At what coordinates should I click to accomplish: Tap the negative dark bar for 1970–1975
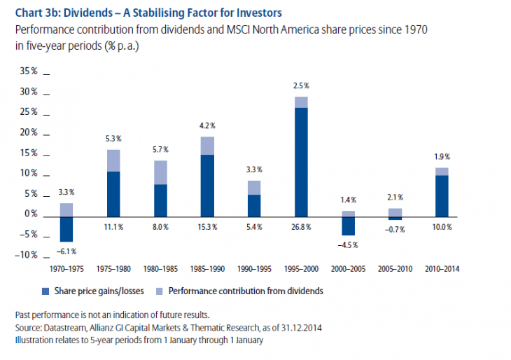pyautogui.click(x=66, y=229)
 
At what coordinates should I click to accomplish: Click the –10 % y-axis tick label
pyautogui.click(x=29, y=254)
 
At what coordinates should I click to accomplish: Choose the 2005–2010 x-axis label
pyautogui.click(x=395, y=268)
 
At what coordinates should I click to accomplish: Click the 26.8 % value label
pyautogui.click(x=300, y=228)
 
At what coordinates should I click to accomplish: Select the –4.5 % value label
pyautogui.click(x=348, y=245)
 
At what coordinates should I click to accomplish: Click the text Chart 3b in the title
pyautogui.click(x=33, y=11)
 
